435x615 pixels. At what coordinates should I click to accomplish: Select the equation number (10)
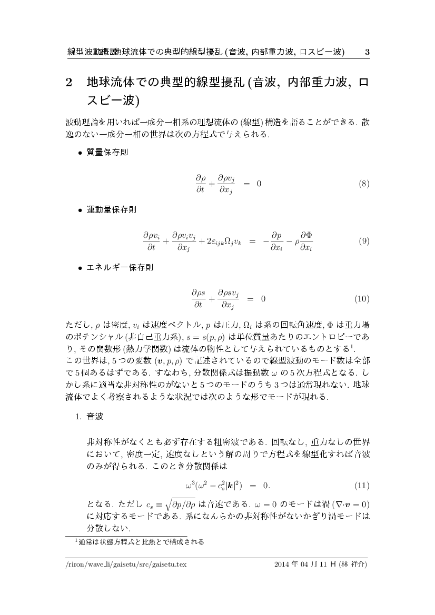coord(362,299)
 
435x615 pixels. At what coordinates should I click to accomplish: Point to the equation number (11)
coord(362,485)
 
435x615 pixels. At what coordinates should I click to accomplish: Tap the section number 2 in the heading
coord(68,83)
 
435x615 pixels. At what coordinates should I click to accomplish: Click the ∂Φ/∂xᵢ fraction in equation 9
coord(306,241)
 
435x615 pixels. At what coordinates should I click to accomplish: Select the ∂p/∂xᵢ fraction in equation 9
coord(276,241)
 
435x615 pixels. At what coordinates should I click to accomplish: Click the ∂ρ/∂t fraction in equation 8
coord(200,184)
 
